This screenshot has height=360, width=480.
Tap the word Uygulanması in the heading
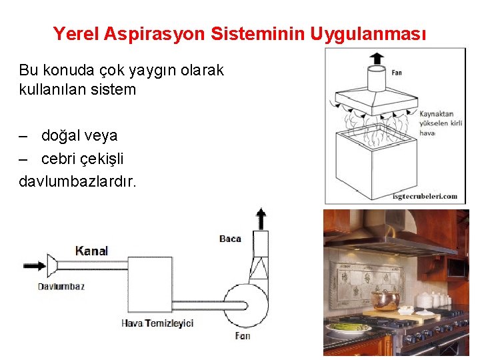[367, 33]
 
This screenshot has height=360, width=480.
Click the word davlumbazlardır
[77, 181]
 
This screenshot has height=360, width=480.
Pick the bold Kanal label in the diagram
[91, 251]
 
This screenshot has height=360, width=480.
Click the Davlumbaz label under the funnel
[60, 287]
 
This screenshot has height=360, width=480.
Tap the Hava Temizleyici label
[157, 323]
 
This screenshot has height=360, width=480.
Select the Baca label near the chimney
[230, 239]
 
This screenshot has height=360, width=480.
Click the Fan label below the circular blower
[243, 336]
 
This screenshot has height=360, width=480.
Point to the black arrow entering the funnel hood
[34, 265]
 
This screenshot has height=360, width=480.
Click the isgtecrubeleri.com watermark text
[425, 196]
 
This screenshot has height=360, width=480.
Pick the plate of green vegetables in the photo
[349, 327]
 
